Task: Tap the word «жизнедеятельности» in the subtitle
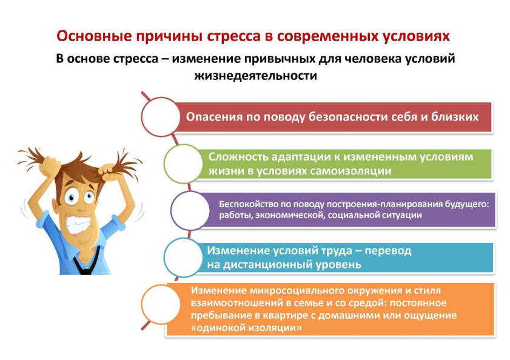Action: [x=256, y=76]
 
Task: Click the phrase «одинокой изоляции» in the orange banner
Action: [x=246, y=327]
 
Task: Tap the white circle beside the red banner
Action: [x=161, y=117]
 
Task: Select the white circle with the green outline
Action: [x=184, y=164]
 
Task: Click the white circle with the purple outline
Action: [x=190, y=210]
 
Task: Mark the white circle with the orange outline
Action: [x=161, y=304]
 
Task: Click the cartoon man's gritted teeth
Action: [x=78, y=224]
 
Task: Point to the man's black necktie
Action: [x=86, y=264]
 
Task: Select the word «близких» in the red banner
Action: [x=455, y=117]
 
